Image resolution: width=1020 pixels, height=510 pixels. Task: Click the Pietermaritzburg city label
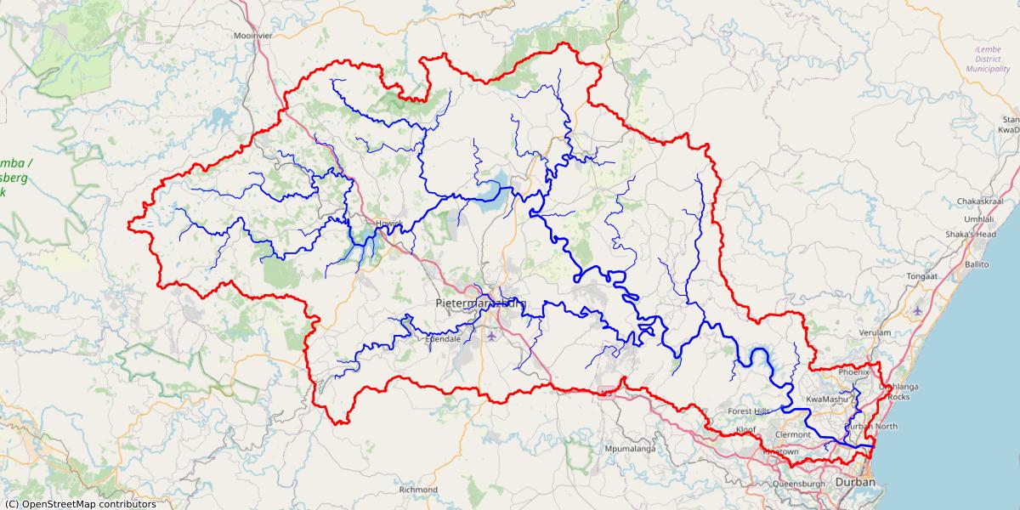point(480,303)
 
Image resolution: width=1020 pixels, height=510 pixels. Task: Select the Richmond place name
point(418,490)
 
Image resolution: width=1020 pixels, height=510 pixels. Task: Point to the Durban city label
point(855,483)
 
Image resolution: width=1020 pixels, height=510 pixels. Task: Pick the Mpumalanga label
point(630,448)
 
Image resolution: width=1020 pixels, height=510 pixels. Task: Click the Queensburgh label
point(799,484)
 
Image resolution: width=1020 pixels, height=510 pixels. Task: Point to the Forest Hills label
point(749,411)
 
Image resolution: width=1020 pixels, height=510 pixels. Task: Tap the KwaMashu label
point(826,399)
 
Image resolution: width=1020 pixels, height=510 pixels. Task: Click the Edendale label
point(443,338)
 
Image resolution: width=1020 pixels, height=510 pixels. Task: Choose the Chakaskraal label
point(980,202)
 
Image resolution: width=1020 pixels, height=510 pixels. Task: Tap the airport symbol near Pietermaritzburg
point(491,337)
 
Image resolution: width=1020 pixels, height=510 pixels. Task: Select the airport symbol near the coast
point(917,310)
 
